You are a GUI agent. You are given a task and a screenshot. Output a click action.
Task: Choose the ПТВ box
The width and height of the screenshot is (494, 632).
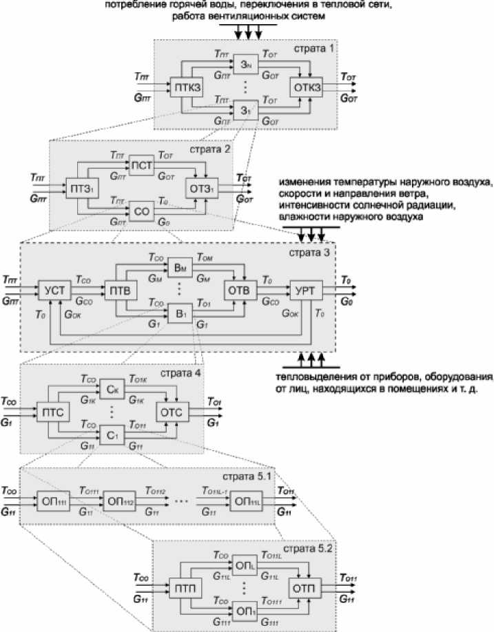pyautogui.click(x=120, y=291)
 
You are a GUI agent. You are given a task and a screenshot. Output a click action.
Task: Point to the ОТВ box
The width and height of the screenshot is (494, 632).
pyautogui.click(x=238, y=291)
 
